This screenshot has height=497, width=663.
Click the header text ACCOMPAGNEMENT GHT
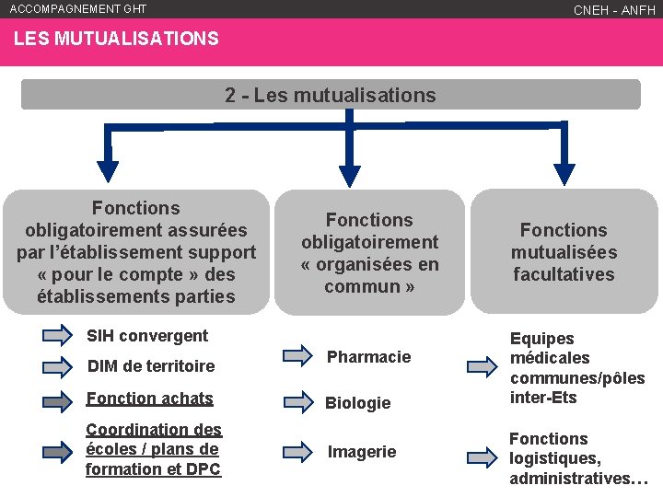coord(78,9)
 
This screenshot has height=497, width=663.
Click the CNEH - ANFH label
coord(614,10)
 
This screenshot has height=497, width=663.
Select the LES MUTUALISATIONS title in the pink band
coord(116,40)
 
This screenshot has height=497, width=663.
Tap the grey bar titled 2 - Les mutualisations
coord(331,95)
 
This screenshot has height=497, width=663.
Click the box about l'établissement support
coord(136,252)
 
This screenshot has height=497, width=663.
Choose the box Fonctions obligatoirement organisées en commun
coord(370,253)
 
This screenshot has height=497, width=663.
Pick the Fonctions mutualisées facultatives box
coord(564,252)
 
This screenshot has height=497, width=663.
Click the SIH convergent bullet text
coord(146,336)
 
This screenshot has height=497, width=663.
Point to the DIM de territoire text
coord(150,366)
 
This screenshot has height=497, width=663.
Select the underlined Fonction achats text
coord(149,399)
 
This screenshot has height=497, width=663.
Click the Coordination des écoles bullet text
coord(154,449)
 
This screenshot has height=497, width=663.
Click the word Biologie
coord(358,403)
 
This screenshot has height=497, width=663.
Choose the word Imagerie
coord(363,452)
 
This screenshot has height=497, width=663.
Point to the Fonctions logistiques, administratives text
coord(578,458)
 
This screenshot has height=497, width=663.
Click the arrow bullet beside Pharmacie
coord(297,354)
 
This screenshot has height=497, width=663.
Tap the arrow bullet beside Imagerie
coord(297,451)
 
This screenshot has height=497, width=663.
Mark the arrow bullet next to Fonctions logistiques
coord(482,457)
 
